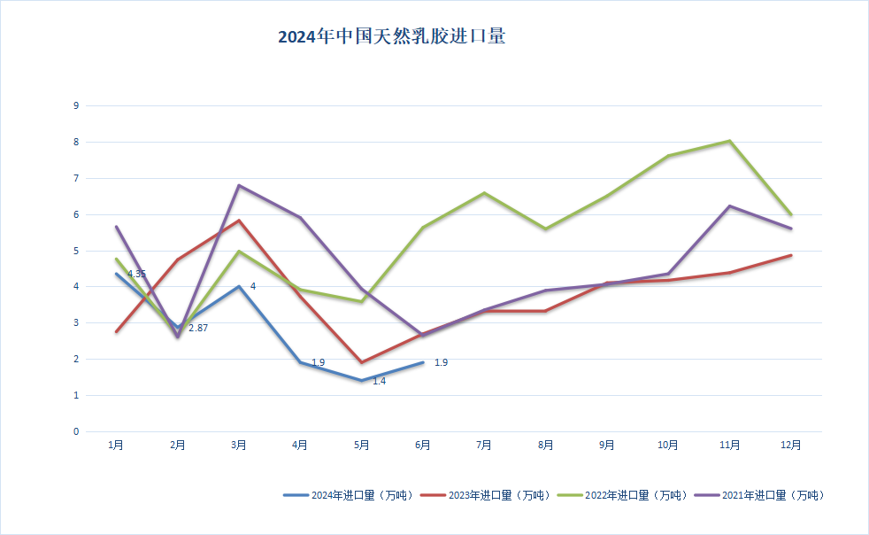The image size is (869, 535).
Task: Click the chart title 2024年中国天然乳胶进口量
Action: tap(391, 37)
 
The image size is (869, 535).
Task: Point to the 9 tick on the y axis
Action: tap(76, 105)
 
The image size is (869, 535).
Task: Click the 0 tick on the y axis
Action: tap(76, 432)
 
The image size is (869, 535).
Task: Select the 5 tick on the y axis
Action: tap(76, 251)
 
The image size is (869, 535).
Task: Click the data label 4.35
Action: tap(136, 275)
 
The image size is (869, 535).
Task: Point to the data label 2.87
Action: tap(197, 328)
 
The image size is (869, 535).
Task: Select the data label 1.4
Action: tap(379, 381)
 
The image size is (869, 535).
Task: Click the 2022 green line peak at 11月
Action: tap(729, 141)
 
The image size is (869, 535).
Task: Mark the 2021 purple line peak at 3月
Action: tap(239, 185)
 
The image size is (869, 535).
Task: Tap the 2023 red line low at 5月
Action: tap(361, 362)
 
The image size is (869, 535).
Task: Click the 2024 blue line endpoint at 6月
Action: tap(423, 362)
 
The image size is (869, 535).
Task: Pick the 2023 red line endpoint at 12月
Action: tap(791, 255)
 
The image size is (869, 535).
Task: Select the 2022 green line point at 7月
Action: tap(484, 193)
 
